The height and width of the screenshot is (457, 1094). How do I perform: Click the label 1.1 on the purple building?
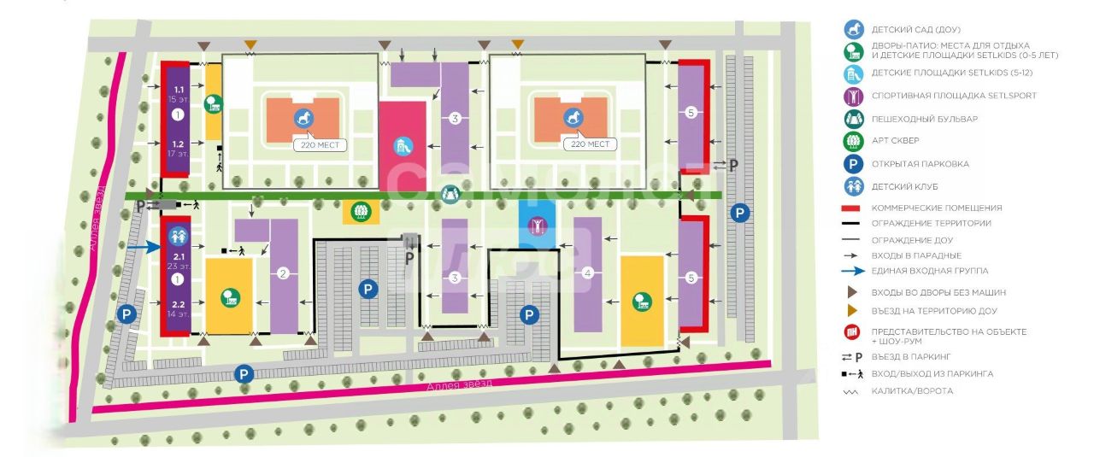tap(179, 90)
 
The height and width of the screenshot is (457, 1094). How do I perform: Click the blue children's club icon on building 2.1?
tap(179, 234)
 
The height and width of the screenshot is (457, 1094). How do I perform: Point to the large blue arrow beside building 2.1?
tap(143, 248)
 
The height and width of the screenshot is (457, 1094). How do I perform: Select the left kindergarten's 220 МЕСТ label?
tap(320, 145)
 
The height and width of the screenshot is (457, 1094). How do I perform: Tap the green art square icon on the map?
tap(361, 212)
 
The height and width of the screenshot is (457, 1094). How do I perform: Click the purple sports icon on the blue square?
tap(537, 226)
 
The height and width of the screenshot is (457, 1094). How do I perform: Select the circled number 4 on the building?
tap(587, 273)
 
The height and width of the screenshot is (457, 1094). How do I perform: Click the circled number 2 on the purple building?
tap(283, 274)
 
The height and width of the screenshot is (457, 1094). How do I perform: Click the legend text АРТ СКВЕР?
tap(894, 141)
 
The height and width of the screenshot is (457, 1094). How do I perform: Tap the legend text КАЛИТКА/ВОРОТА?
tap(912, 390)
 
